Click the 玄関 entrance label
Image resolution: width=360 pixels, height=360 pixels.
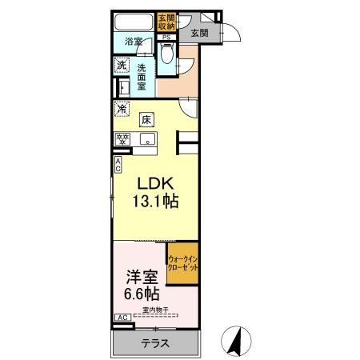(200, 33)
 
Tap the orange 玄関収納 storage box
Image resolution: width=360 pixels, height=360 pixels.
(166, 22)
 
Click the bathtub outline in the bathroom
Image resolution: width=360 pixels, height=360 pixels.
(134, 23)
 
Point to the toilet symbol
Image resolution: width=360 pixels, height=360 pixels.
(166, 54)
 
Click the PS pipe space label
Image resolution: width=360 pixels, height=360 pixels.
(166, 37)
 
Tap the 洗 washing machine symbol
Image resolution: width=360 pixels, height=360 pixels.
(122, 65)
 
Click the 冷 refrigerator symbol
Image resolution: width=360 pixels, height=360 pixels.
(122, 109)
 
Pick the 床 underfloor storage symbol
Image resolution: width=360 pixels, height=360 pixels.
(147, 120)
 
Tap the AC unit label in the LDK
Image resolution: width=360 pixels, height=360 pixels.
(118, 166)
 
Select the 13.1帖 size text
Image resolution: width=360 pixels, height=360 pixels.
(151, 202)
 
